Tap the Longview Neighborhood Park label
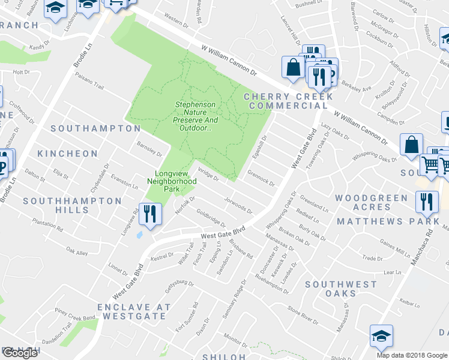[172, 181]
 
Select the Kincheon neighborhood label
[67, 154]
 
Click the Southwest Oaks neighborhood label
[340, 289]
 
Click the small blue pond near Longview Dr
[140, 234]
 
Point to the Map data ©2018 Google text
[411, 355]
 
